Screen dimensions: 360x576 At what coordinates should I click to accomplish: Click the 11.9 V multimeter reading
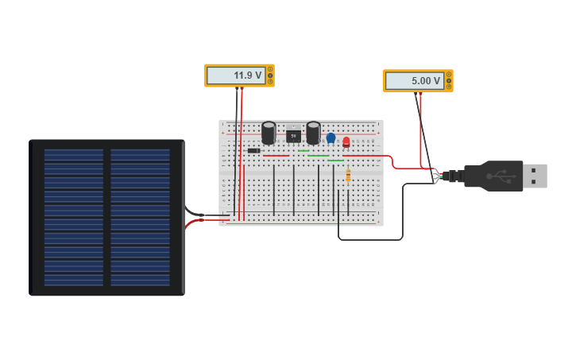point(236,75)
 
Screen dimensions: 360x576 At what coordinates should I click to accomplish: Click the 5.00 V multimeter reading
point(414,81)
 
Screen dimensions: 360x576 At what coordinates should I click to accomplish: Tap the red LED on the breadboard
point(346,142)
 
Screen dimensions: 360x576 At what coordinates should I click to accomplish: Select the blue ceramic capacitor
point(331,138)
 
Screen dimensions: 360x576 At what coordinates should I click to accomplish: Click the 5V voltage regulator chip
point(293,136)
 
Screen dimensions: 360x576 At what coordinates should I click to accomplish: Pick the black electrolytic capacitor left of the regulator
point(269,132)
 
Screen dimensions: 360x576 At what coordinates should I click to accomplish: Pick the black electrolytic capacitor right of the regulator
point(313,132)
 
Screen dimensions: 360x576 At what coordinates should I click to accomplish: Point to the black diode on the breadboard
point(253,150)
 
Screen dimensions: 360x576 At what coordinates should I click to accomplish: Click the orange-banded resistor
point(348,176)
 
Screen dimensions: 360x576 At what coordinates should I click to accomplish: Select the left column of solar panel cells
point(74,217)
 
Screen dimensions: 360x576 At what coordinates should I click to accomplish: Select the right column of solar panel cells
point(140,217)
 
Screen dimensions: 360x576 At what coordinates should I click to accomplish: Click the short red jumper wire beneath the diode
point(276,157)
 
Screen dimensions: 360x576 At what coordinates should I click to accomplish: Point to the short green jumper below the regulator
point(303,151)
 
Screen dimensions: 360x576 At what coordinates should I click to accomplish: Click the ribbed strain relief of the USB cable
point(454,176)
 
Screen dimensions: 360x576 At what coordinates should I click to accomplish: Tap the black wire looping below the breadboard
point(370,239)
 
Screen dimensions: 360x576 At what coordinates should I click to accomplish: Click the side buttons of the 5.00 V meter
point(449,81)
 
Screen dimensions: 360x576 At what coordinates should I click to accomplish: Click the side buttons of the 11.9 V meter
point(270,75)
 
